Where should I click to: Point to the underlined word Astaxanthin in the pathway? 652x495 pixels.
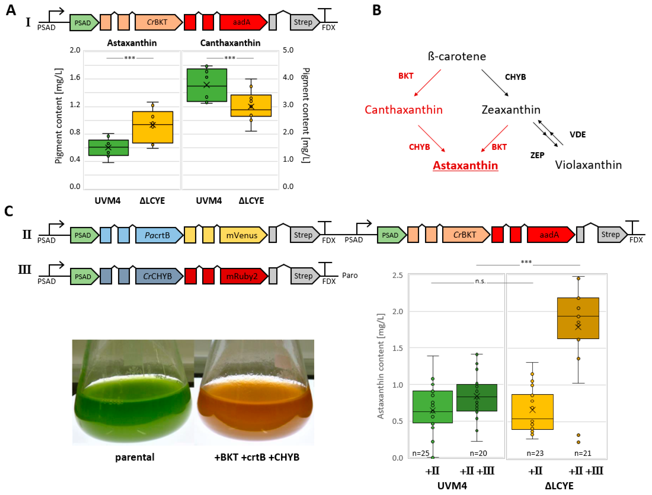click(465, 166)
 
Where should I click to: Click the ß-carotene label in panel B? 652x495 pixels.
click(457, 56)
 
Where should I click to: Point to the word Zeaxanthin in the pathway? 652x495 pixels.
click(511, 110)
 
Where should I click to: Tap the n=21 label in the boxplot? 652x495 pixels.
click(582, 453)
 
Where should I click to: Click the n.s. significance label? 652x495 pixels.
click(480, 281)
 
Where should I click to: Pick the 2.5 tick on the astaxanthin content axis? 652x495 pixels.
click(397, 275)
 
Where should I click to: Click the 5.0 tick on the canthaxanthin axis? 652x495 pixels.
click(288, 50)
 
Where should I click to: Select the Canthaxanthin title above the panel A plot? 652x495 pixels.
click(230, 43)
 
